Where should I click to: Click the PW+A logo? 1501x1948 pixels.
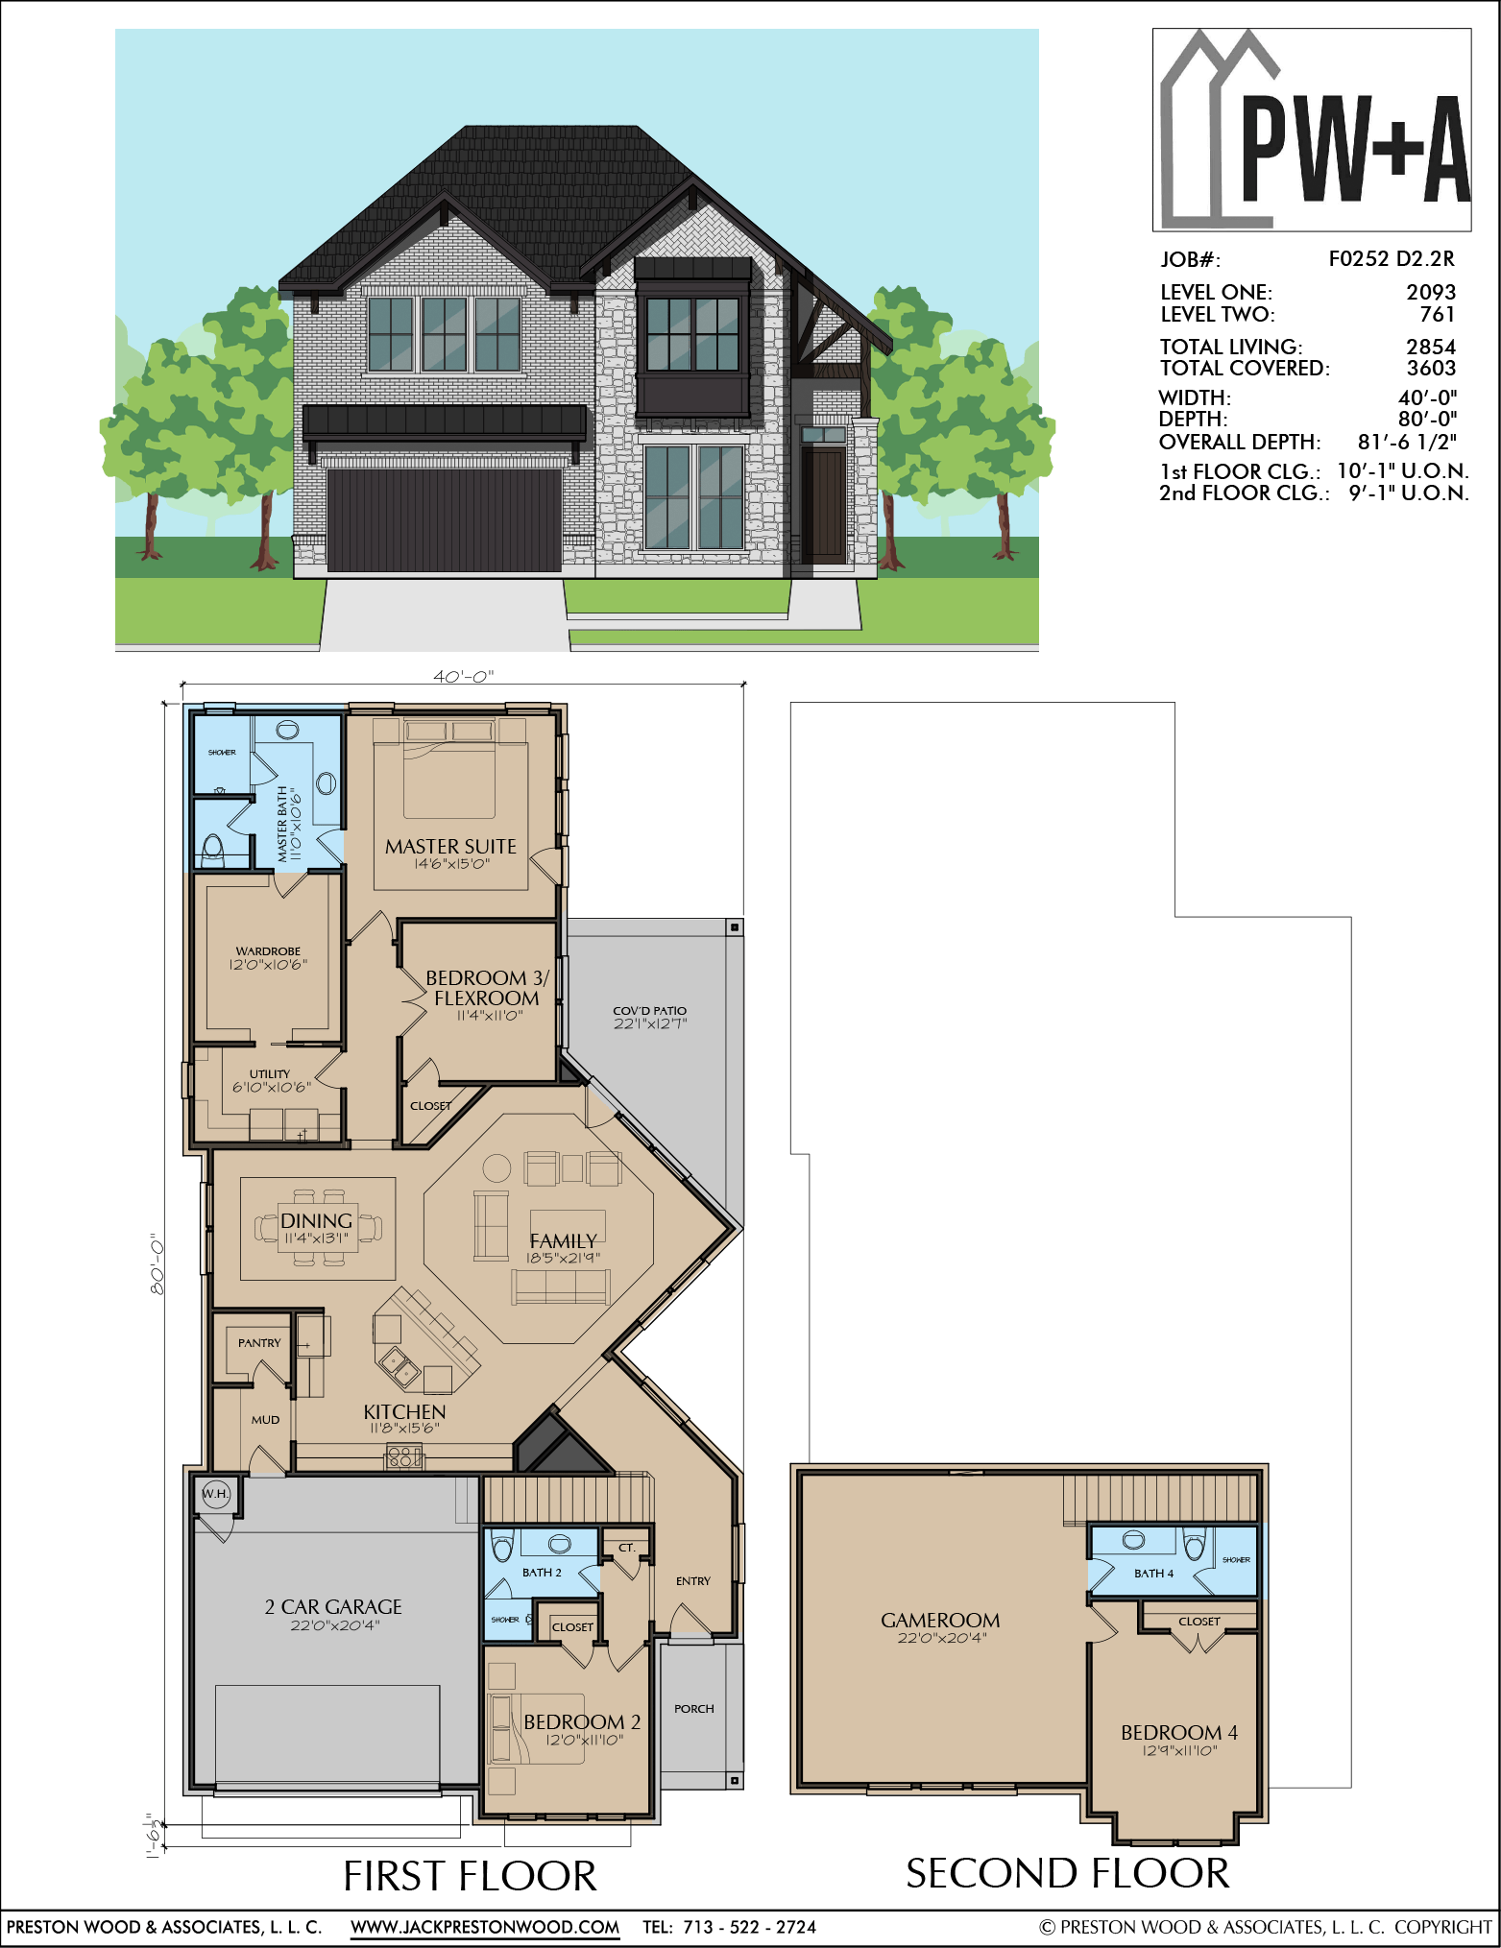[1312, 130]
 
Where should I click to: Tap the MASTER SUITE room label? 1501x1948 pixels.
[450, 846]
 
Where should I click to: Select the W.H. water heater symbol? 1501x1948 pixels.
[216, 1494]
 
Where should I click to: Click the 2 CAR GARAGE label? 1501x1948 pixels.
[333, 1606]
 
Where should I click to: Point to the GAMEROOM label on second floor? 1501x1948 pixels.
[940, 1620]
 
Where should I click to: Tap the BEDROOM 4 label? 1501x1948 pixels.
[1179, 1732]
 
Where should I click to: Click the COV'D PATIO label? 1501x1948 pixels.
[650, 1010]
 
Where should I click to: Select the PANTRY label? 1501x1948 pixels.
[259, 1343]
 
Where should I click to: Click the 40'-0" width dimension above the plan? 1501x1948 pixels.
[463, 676]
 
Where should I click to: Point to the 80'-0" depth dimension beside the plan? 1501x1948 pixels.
[157, 1263]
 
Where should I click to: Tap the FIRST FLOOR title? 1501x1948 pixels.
[470, 1875]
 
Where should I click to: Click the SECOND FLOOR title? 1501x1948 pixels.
[1068, 1873]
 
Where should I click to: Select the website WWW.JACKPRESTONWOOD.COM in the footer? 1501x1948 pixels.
[485, 1927]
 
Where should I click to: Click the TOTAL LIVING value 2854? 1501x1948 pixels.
[1431, 347]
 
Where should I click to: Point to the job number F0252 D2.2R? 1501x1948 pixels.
[1392, 258]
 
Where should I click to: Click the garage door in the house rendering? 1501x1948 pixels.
[445, 520]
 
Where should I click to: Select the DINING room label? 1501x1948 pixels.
[316, 1220]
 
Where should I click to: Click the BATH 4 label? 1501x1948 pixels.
[1153, 1574]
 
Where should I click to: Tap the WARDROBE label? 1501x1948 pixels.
[268, 951]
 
